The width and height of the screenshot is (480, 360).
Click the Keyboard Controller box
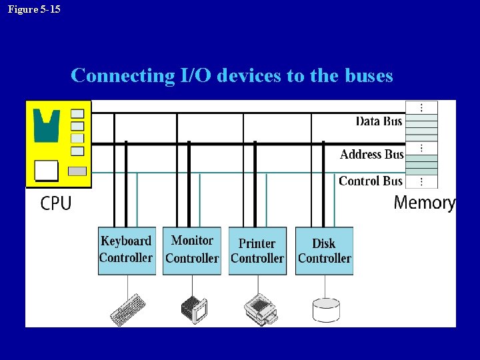pos(127,250)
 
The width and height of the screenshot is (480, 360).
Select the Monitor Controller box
pos(192,250)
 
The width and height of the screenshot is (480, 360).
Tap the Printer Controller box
pos(257,250)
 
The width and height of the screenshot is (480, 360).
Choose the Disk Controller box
pos(324,250)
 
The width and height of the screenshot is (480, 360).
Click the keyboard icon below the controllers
pos(127,309)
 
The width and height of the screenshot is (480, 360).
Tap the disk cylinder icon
pos(326,309)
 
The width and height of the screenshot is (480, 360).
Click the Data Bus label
pos(379,121)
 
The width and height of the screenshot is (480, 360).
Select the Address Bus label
pos(371,154)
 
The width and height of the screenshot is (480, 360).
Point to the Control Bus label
pos(371,181)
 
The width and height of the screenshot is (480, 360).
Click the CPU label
pos(56,203)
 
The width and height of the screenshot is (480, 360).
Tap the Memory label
pos(425,203)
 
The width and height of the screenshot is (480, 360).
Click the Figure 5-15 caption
pos(34,9)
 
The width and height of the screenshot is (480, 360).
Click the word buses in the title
pos(369,75)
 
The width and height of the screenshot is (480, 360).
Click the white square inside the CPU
pos(47,171)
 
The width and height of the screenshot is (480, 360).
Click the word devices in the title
pos(251,75)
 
